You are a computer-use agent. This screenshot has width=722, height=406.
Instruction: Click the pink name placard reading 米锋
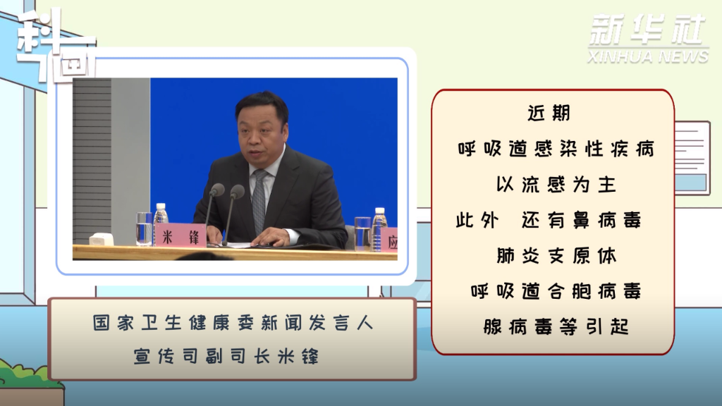pyautogui.click(x=180, y=236)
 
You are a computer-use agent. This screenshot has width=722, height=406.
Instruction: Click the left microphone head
pyautogui.click(x=216, y=190)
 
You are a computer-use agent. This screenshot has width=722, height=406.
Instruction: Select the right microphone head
pyautogui.click(x=237, y=192)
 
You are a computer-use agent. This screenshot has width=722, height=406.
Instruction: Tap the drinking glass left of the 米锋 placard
pyautogui.click(x=144, y=229)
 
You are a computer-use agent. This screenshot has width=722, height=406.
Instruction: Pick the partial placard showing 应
pyautogui.click(x=389, y=240)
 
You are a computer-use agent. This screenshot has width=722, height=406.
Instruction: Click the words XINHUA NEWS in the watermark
pyautogui.click(x=647, y=56)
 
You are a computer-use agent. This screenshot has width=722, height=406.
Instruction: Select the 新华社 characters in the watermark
pyautogui.click(x=647, y=30)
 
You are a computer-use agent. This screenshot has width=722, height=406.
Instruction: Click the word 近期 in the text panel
pyautogui.click(x=549, y=113)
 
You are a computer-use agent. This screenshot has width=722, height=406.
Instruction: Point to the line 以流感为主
pyautogui.click(x=556, y=185)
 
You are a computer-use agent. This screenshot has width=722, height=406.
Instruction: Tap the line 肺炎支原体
pyautogui.click(x=556, y=256)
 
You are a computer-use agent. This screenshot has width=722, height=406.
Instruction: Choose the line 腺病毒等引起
pyautogui.click(x=556, y=327)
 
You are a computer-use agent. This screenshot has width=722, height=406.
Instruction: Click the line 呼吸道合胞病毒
pyautogui.click(x=556, y=291)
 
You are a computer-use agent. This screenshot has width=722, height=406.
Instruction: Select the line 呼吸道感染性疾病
pyautogui.click(x=556, y=149)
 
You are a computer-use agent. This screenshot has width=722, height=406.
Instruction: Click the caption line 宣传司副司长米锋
pyautogui.click(x=226, y=356)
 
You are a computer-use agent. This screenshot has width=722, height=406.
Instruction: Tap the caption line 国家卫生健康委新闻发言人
pyautogui.click(x=233, y=323)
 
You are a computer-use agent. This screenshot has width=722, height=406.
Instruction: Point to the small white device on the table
pyautogui.click(x=101, y=240)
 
